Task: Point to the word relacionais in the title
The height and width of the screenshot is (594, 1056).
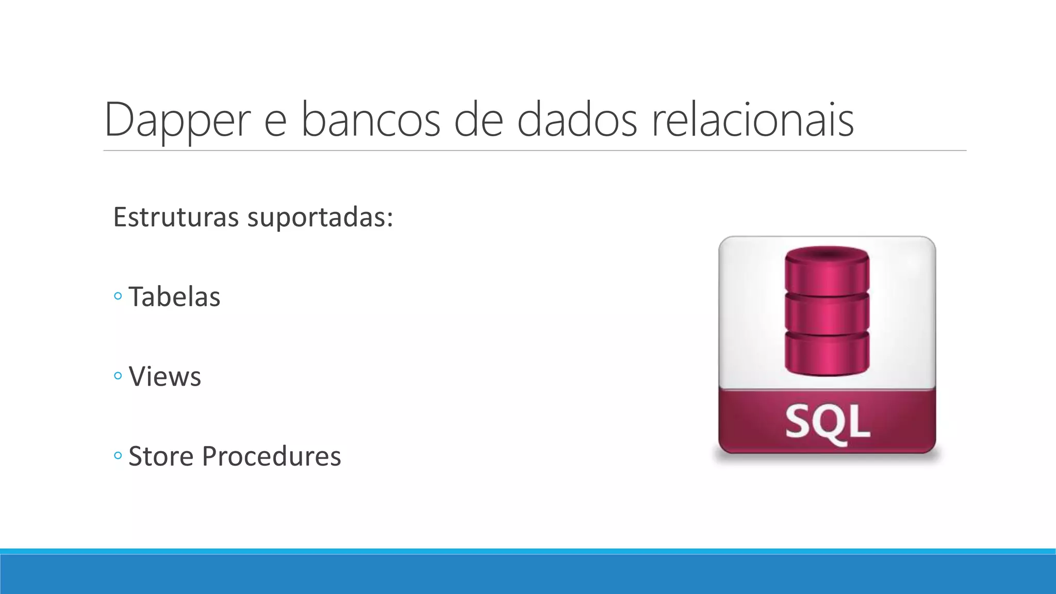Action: coord(752,120)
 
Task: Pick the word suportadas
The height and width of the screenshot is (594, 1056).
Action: coord(320,218)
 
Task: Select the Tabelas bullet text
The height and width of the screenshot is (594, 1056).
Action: coord(174,297)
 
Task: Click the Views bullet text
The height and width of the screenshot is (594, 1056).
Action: coord(164,376)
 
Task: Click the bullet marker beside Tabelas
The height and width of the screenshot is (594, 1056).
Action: coord(118,296)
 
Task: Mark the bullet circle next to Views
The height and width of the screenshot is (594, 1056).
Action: coord(118,376)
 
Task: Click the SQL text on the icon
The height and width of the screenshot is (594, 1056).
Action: coord(827,422)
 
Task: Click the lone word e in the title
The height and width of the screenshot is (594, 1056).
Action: coord(275,124)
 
